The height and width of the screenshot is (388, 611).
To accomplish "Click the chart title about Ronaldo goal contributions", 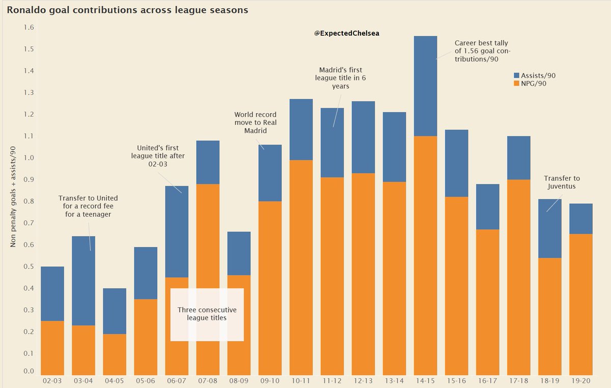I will point(127,10).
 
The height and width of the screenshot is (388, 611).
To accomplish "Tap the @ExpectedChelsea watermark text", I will point(348,33).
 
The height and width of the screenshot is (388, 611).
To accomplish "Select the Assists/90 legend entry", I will point(534,75).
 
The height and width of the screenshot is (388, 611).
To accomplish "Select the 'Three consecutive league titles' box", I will point(207,314).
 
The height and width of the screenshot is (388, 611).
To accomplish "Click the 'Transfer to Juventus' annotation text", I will point(562,183).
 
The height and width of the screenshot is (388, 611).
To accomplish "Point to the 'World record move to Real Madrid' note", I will point(255,123).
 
